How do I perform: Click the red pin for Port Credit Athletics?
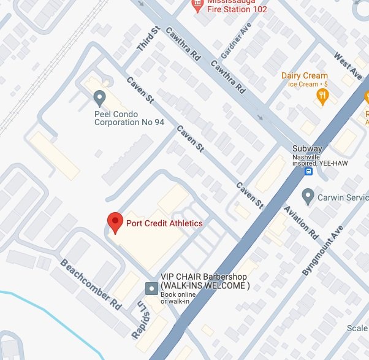click(x=115, y=222)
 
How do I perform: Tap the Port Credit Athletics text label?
click(x=164, y=223)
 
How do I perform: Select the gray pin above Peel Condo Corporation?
click(x=99, y=98)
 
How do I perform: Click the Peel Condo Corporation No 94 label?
click(x=129, y=118)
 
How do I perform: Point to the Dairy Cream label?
click(x=304, y=76)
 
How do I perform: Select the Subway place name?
click(x=307, y=148)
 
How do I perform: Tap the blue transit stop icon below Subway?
click(x=309, y=171)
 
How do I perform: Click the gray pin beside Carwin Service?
click(x=308, y=197)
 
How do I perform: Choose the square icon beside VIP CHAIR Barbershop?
click(x=150, y=287)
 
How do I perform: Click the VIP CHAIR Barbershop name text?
click(x=205, y=281)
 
